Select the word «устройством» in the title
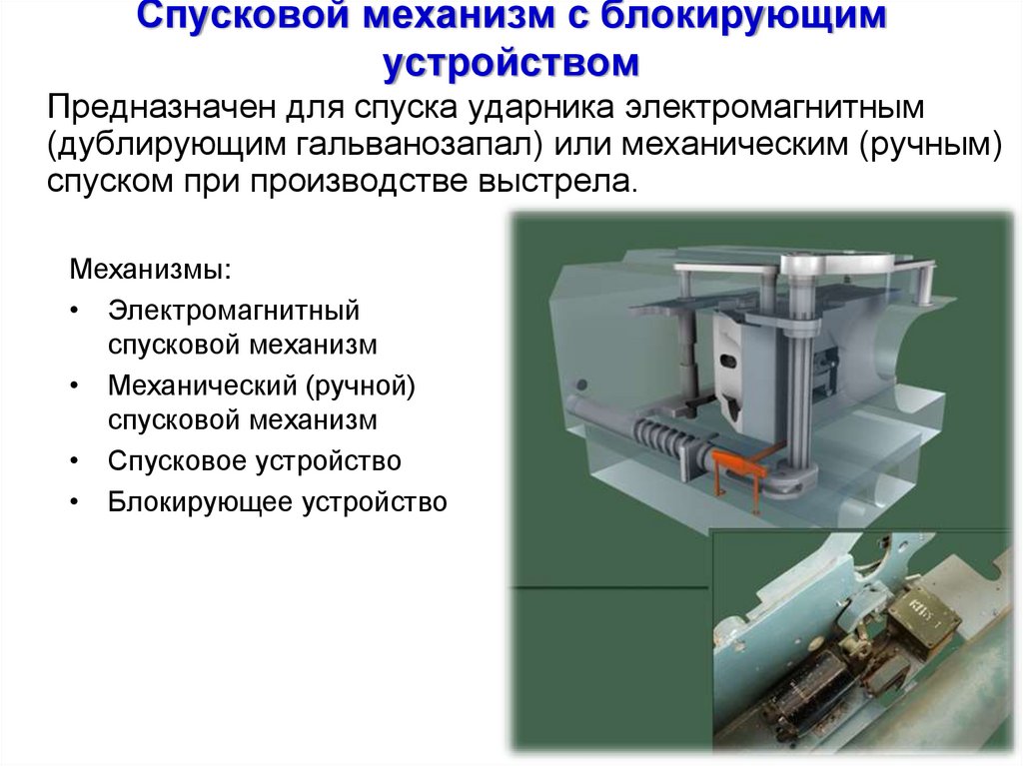[x=511, y=62]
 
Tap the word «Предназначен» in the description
[x=150, y=106]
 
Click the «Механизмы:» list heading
[x=149, y=271]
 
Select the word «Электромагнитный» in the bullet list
[x=234, y=310]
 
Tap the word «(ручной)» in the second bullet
[x=361, y=383]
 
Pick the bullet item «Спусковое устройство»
[x=255, y=461]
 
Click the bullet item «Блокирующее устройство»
[x=277, y=501]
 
